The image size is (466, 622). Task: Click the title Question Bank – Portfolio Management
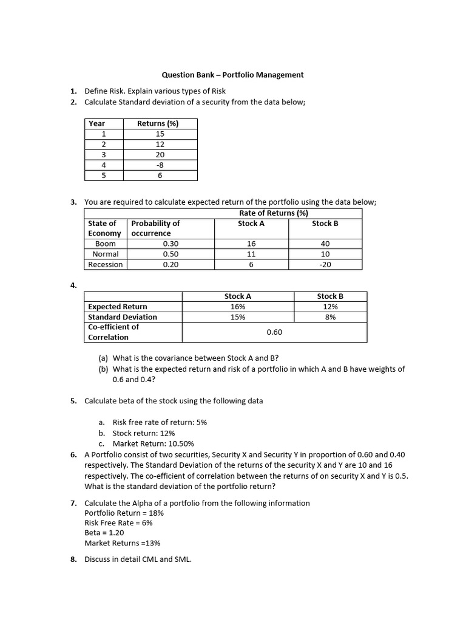[x=232, y=75]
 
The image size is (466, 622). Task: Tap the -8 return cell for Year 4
[x=160, y=165]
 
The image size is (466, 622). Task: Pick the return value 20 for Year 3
[x=160, y=154]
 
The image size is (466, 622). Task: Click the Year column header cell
[x=97, y=123]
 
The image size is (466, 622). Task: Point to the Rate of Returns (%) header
[x=273, y=213]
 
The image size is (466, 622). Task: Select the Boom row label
[x=106, y=244]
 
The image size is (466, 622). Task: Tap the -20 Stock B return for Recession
[x=325, y=264]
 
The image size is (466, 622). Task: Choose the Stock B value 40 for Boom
[x=325, y=244]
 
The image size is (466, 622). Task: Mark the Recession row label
[x=106, y=264]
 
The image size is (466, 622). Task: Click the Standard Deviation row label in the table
[x=123, y=316]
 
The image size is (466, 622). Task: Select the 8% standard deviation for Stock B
[x=330, y=316]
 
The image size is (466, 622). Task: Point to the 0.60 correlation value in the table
[x=274, y=332]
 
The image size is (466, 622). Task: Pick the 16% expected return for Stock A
[x=238, y=307]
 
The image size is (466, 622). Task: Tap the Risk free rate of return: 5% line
[x=160, y=422]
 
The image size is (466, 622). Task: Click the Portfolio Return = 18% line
[x=124, y=513]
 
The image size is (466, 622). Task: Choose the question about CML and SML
[x=138, y=559]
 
